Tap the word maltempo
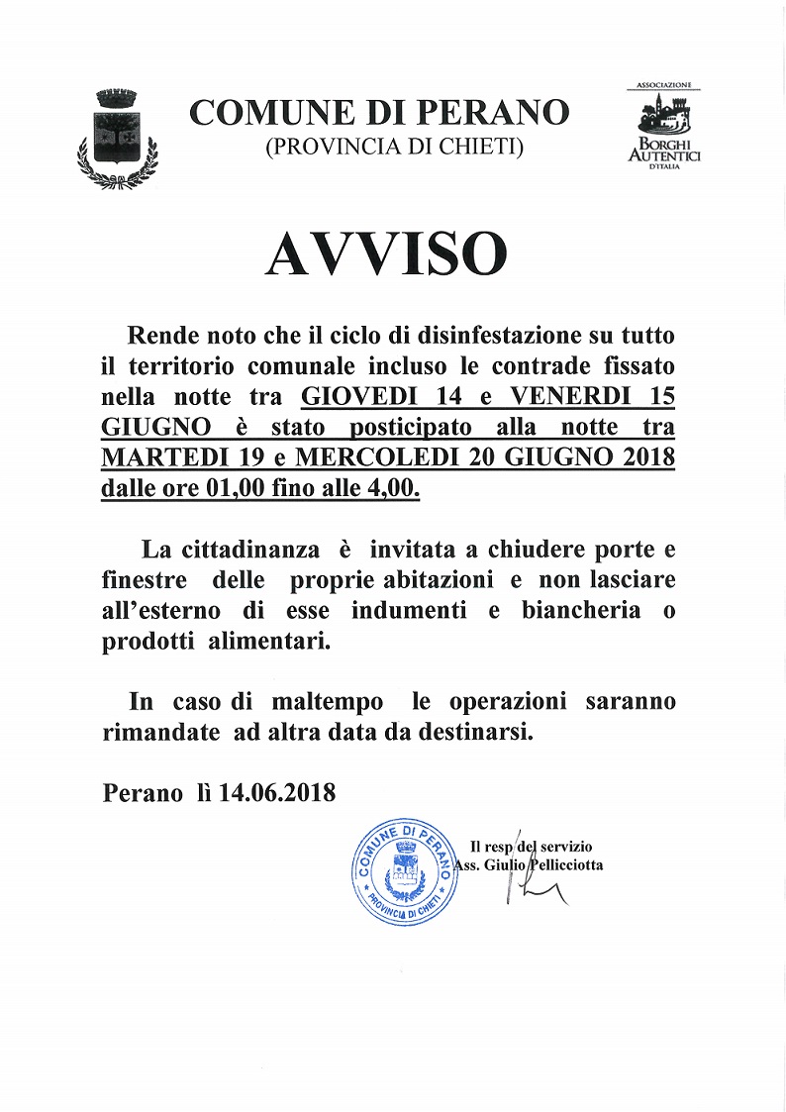(327, 702)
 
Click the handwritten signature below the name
(535, 891)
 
